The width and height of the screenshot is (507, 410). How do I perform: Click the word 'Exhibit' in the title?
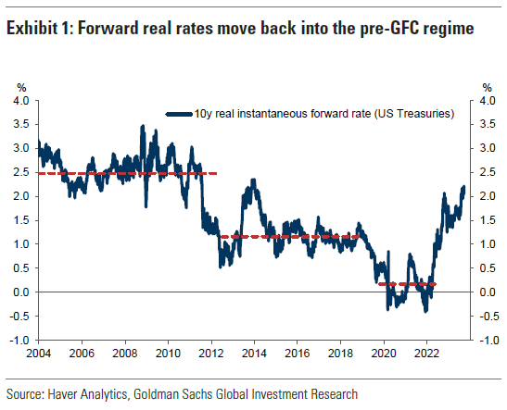32,28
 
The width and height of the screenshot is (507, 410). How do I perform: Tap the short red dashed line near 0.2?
407,284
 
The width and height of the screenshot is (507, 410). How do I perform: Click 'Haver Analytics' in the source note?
90,394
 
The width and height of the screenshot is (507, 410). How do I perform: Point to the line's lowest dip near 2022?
425,311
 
